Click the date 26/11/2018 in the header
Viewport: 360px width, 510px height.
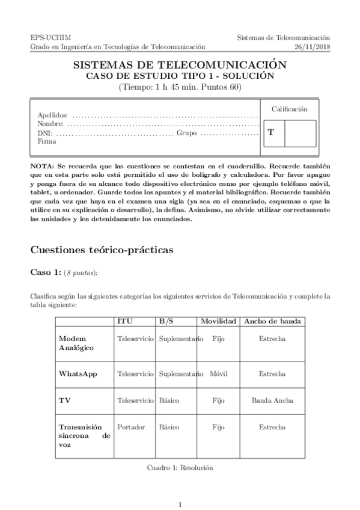coord(313,46)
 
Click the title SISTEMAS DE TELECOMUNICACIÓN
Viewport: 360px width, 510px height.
coord(180,65)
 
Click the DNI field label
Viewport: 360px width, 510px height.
coord(44,133)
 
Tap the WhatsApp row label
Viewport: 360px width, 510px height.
coord(78,373)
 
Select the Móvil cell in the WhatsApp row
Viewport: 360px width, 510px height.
coord(219,373)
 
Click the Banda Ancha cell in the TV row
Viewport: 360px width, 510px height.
coord(272,400)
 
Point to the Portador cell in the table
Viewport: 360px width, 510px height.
coord(131,427)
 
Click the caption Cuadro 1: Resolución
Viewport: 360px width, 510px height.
coord(180,467)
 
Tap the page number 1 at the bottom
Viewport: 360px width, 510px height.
coord(180,504)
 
